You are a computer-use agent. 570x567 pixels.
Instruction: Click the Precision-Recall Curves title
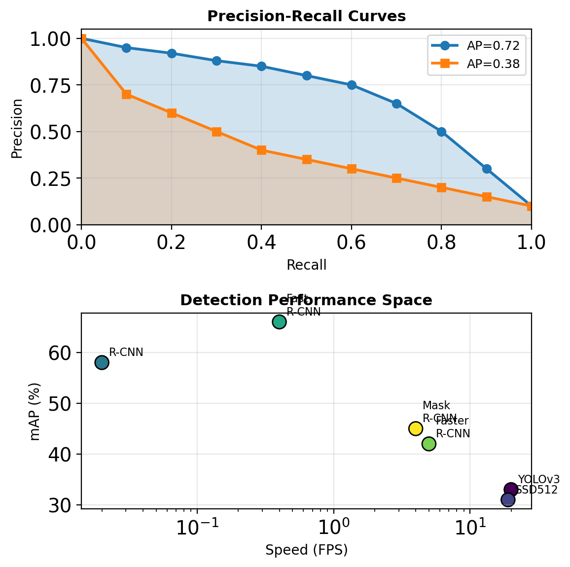(306, 16)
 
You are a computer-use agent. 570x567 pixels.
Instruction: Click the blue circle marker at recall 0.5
(307, 75)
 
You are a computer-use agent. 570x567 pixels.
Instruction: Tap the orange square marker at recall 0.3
(216, 132)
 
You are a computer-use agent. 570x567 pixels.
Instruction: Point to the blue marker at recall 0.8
(441, 132)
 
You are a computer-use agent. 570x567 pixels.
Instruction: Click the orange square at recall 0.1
(126, 94)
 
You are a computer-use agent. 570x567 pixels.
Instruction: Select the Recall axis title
(306, 265)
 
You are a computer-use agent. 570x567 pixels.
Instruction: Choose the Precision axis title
(17, 129)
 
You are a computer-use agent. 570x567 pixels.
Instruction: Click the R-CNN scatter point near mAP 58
(102, 362)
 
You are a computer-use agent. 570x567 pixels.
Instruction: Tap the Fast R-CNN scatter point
(279, 321)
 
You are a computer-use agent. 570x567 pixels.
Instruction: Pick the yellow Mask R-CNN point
(416, 428)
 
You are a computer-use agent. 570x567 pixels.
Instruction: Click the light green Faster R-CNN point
(429, 444)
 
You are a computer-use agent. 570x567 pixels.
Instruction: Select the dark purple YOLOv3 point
(511, 490)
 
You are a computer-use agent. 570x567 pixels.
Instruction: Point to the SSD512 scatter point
(508, 499)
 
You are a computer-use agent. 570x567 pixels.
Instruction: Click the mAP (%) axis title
(35, 411)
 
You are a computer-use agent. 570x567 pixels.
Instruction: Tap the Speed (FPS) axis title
(306, 550)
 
